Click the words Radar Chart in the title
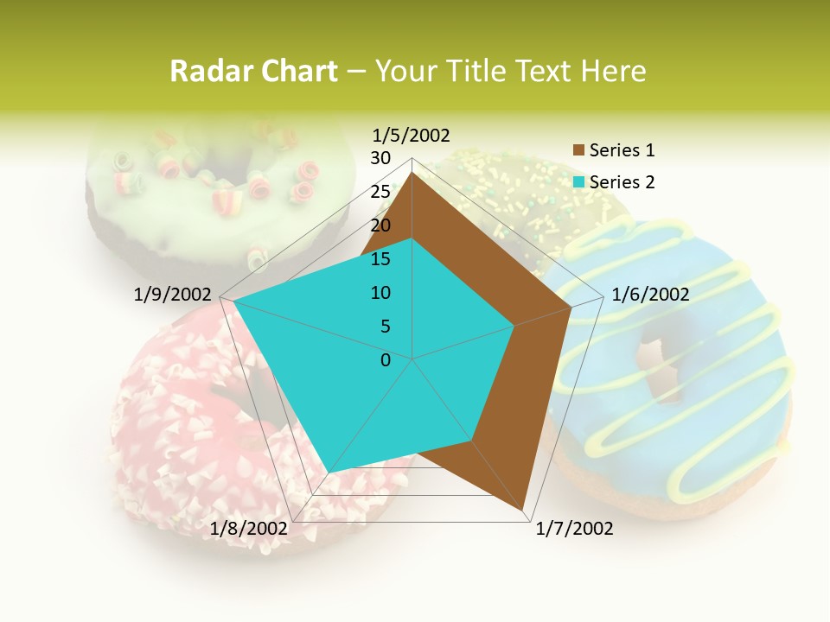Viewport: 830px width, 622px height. coord(253,71)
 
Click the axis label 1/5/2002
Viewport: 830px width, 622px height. coord(411,136)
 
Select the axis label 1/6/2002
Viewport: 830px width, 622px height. coord(650,295)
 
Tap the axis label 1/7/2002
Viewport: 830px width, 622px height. coord(574,529)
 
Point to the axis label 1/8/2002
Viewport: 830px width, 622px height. coord(248,528)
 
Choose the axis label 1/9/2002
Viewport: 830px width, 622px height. coord(172,295)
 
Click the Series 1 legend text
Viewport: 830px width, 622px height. coord(622,150)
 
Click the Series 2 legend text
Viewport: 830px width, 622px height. coord(622,182)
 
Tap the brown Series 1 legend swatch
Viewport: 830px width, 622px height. coord(579,150)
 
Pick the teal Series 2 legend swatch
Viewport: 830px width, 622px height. coord(579,182)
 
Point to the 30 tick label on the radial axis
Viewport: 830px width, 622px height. coord(380,158)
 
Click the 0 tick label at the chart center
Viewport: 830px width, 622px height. coord(386,360)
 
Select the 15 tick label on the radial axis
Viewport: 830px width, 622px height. coord(380,259)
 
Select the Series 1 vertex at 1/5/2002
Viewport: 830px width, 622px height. coord(412,174)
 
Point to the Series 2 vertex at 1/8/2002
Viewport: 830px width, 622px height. coord(330,472)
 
